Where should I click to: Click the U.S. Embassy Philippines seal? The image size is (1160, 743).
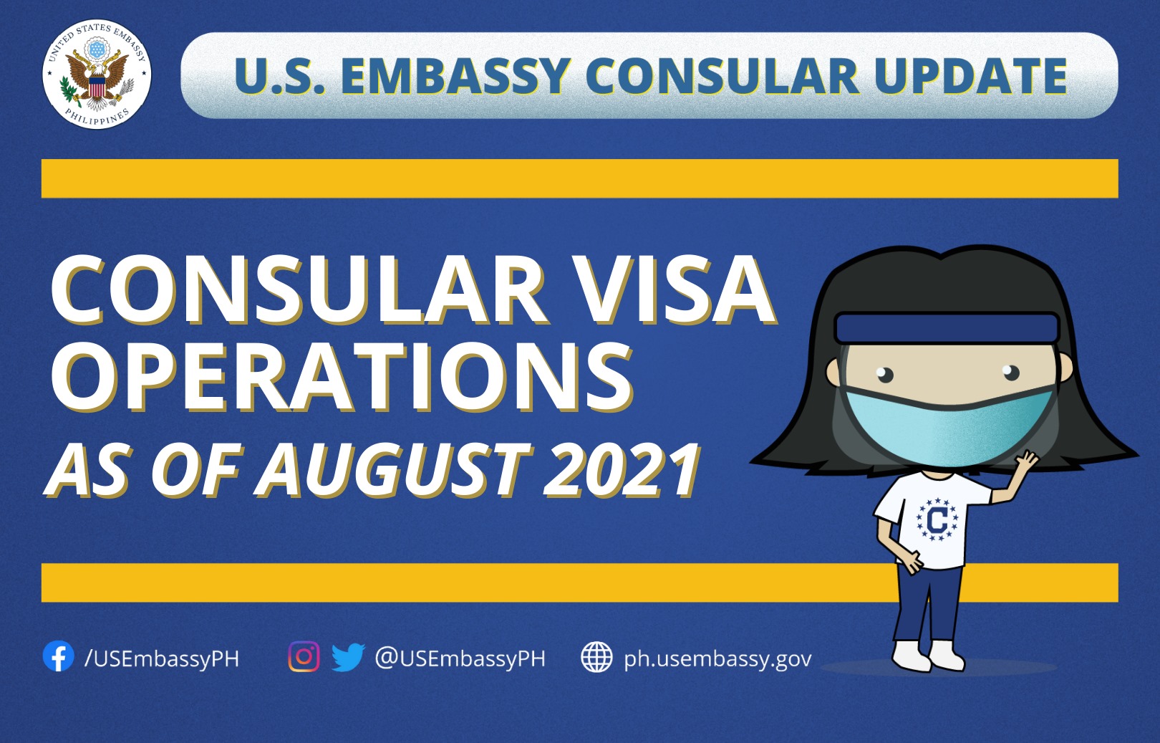pyautogui.click(x=97, y=75)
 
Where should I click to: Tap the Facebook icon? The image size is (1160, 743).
pyautogui.click(x=58, y=656)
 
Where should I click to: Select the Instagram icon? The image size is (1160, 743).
pyautogui.click(x=304, y=656)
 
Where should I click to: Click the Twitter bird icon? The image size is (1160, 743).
pyautogui.click(x=348, y=657)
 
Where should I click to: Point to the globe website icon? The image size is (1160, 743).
pyautogui.click(x=596, y=657)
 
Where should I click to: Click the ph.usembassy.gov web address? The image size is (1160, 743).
pyautogui.click(x=717, y=658)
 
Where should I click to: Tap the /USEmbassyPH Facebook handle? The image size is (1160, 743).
pyautogui.click(x=162, y=658)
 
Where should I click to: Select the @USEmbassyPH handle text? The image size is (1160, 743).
pyautogui.click(x=460, y=658)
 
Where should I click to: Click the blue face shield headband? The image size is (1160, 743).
pyautogui.click(x=947, y=327)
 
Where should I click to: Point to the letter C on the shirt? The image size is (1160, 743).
pyautogui.click(x=937, y=519)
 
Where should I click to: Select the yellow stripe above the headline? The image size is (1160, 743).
pyautogui.click(x=580, y=178)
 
